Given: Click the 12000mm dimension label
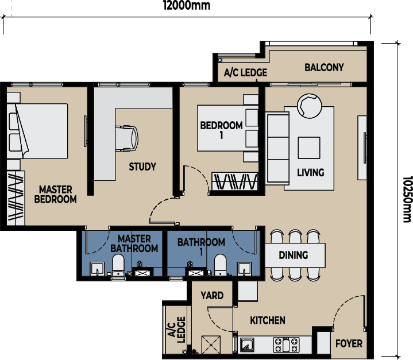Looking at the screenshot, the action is [187, 5].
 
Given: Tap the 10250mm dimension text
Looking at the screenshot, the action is [407, 199].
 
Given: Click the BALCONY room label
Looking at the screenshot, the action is [324, 67].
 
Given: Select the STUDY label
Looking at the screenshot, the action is [142, 167].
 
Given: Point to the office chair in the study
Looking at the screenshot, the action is [127, 139].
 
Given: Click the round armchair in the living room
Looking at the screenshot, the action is [310, 106].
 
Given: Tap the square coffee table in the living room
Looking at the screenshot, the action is [309, 148].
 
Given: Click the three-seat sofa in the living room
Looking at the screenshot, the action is [277, 148].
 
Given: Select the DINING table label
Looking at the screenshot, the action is [293, 255].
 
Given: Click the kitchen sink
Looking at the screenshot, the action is [247, 345].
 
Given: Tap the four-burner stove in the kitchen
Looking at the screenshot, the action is [286, 345].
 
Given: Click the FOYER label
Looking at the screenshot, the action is [349, 343].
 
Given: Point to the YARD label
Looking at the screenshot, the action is [212, 296].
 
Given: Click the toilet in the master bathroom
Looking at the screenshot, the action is [118, 265].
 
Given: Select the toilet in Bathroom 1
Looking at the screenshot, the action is [220, 265].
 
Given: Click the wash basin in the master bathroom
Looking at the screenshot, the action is [97, 269].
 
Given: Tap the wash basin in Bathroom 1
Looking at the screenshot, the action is [245, 269].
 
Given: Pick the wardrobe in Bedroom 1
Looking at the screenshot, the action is [235, 181].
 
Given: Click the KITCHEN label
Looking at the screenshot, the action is [267, 320].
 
